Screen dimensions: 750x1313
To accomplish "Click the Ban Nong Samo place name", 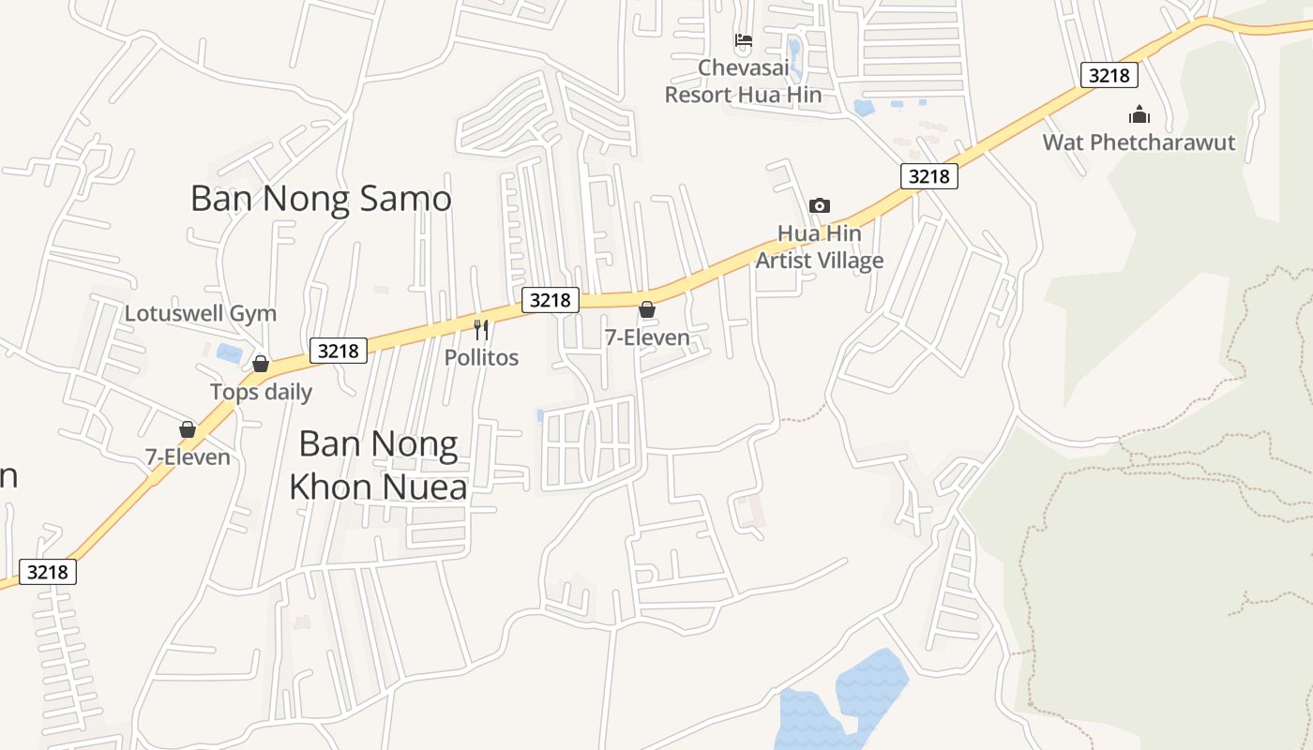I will coord(321,199).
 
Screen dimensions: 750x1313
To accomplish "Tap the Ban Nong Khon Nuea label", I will coord(378,465).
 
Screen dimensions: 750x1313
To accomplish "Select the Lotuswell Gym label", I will coord(201,313).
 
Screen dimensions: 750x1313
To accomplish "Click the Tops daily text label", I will coord(261,391).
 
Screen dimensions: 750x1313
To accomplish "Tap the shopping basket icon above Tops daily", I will coord(261,364).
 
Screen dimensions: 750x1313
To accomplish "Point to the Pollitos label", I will coord(481,357).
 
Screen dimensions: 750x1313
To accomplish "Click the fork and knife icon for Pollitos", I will coord(481,329).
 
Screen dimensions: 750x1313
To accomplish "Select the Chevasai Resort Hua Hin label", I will coord(743,82).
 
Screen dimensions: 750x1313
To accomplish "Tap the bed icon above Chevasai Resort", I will coord(744,40).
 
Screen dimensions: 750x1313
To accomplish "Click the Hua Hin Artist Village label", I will coord(820,247).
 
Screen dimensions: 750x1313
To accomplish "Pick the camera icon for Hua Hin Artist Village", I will coord(820,205).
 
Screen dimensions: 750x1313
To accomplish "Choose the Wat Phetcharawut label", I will coord(1139,142).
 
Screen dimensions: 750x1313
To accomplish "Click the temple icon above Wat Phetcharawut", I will coord(1139,115).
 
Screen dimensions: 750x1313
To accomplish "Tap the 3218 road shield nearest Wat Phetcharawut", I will coord(1109,75).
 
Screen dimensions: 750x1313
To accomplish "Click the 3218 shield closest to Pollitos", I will coord(550,300).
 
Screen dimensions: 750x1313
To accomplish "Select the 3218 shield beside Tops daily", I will coord(338,351).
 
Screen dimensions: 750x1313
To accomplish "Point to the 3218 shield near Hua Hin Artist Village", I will coord(928,176).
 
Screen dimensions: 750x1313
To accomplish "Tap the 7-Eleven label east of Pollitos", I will coord(647,337).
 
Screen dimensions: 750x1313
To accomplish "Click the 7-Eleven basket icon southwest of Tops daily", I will coord(188,429).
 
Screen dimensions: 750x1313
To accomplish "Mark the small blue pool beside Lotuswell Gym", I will coord(229,352).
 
